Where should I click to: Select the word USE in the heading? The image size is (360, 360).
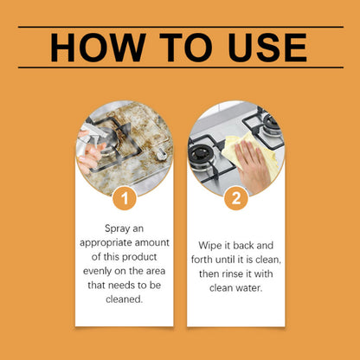(x=260, y=48)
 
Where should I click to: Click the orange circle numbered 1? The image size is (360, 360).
(x=125, y=200)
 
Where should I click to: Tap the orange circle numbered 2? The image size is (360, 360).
(x=235, y=200)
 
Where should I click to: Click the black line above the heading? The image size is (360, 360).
(x=180, y=28)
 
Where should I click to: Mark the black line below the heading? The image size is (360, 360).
(x=180, y=67)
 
